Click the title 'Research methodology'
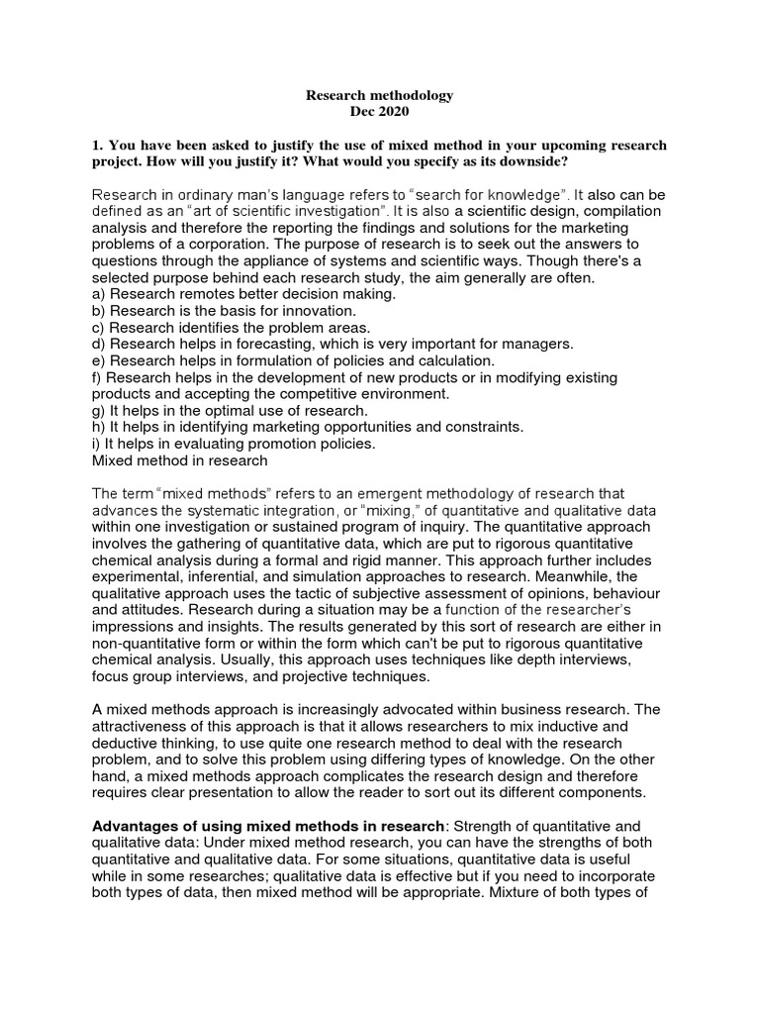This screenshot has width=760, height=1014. tap(379, 95)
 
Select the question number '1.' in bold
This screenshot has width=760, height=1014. tap(97, 146)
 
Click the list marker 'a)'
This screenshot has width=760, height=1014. tap(99, 294)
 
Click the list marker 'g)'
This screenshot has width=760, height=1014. tap(99, 410)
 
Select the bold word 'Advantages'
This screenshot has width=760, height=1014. tap(133, 827)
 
